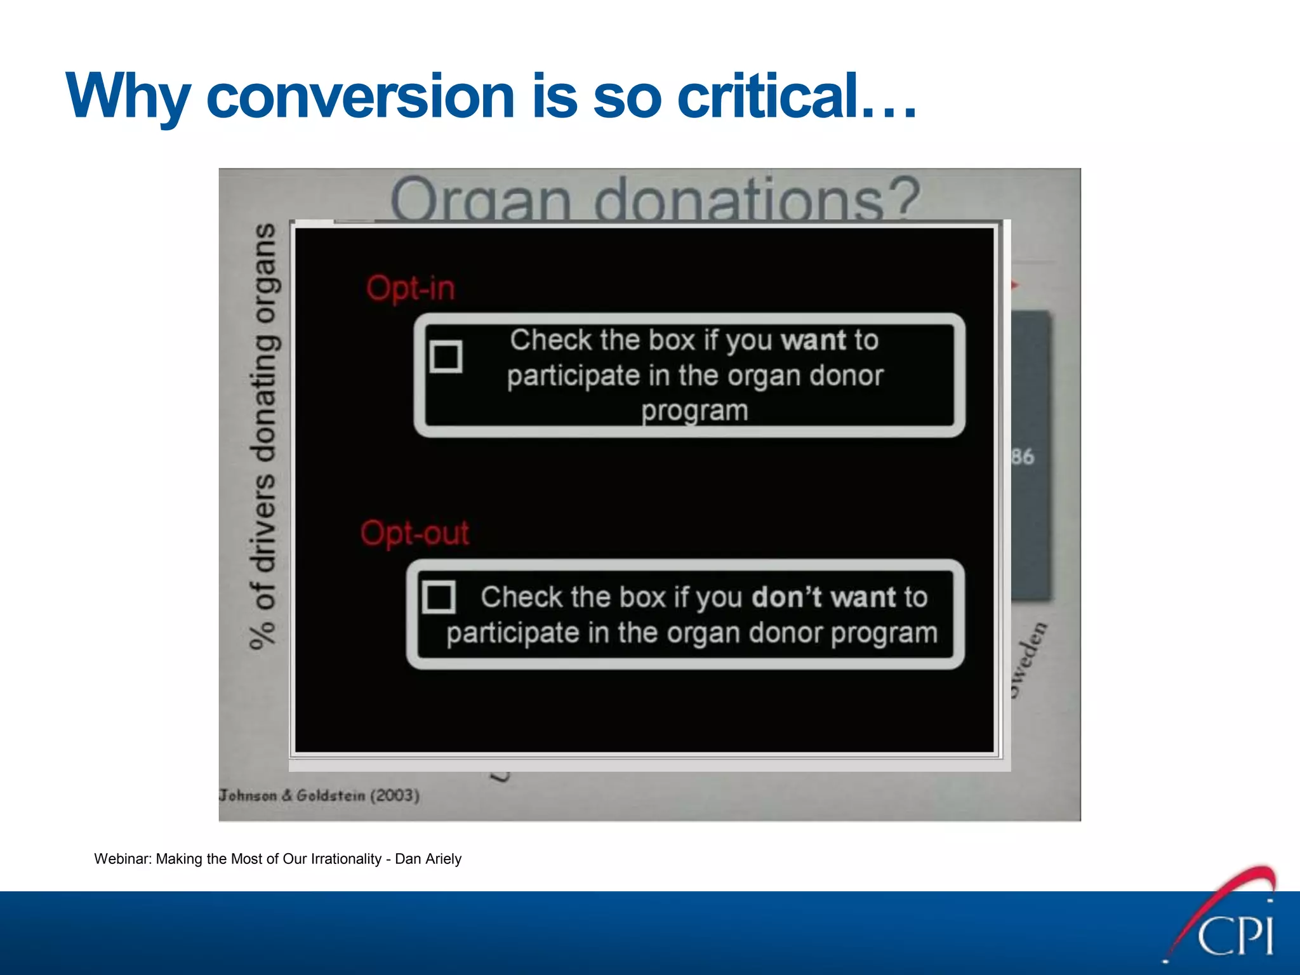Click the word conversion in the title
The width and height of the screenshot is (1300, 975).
tap(360, 96)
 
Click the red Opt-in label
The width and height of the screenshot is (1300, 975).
tap(411, 288)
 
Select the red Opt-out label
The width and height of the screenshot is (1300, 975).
tap(415, 533)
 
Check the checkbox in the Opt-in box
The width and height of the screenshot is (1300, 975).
tap(446, 357)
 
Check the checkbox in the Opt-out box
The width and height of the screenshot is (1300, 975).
tap(439, 597)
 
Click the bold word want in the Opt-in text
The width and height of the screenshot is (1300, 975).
tap(814, 341)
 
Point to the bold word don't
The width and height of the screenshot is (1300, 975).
tap(786, 597)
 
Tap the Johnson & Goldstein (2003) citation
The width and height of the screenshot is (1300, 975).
tap(319, 795)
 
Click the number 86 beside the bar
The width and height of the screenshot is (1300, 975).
tap(1023, 456)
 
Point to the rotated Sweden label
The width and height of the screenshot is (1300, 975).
tap(1028, 660)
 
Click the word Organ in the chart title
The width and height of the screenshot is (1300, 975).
tap(481, 200)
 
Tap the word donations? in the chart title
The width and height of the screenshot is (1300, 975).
tap(755, 200)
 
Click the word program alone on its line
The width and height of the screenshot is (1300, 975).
tap(694, 411)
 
